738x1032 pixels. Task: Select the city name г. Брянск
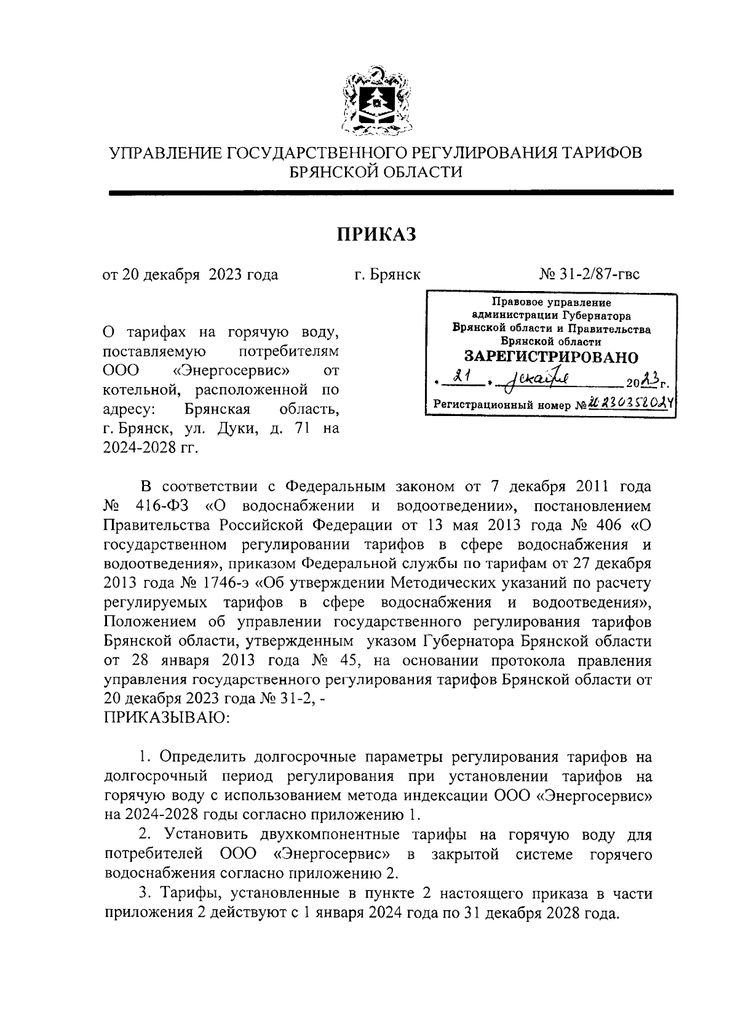[387, 274]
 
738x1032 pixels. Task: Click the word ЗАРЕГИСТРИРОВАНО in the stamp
[550, 357]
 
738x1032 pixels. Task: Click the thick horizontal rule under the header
[391, 193]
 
